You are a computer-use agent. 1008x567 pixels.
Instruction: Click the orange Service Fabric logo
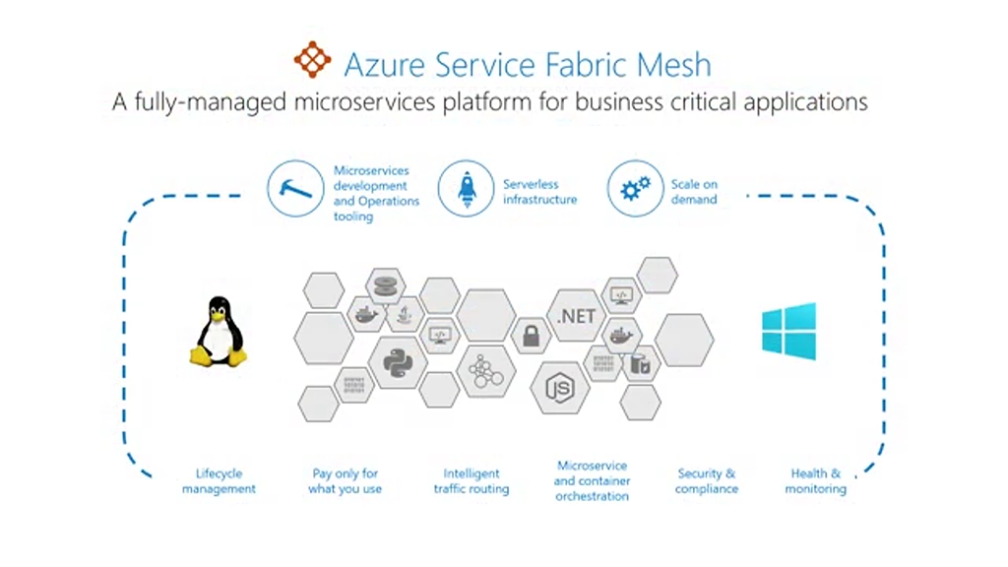click(x=313, y=60)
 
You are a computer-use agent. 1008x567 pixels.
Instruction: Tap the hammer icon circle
click(x=295, y=189)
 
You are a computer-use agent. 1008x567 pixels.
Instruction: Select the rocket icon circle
click(x=465, y=189)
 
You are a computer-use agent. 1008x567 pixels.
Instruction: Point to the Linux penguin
click(x=218, y=333)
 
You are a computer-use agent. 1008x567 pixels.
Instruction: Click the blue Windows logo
click(x=788, y=331)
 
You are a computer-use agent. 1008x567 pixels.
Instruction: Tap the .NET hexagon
click(x=576, y=316)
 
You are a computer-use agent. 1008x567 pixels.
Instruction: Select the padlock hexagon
click(x=532, y=336)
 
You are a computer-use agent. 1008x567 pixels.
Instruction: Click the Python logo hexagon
click(x=398, y=361)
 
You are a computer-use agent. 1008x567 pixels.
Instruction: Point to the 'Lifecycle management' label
click(x=219, y=481)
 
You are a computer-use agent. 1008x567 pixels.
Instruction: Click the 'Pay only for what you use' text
click(x=345, y=481)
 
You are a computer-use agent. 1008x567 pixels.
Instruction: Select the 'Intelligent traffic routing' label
click(x=472, y=481)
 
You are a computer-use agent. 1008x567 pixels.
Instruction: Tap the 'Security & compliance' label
click(x=706, y=481)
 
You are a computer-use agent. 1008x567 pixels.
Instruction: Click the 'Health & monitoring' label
click(x=815, y=481)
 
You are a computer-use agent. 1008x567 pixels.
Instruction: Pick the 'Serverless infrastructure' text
click(x=539, y=192)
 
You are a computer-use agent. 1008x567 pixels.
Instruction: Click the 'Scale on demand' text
click(x=694, y=192)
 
